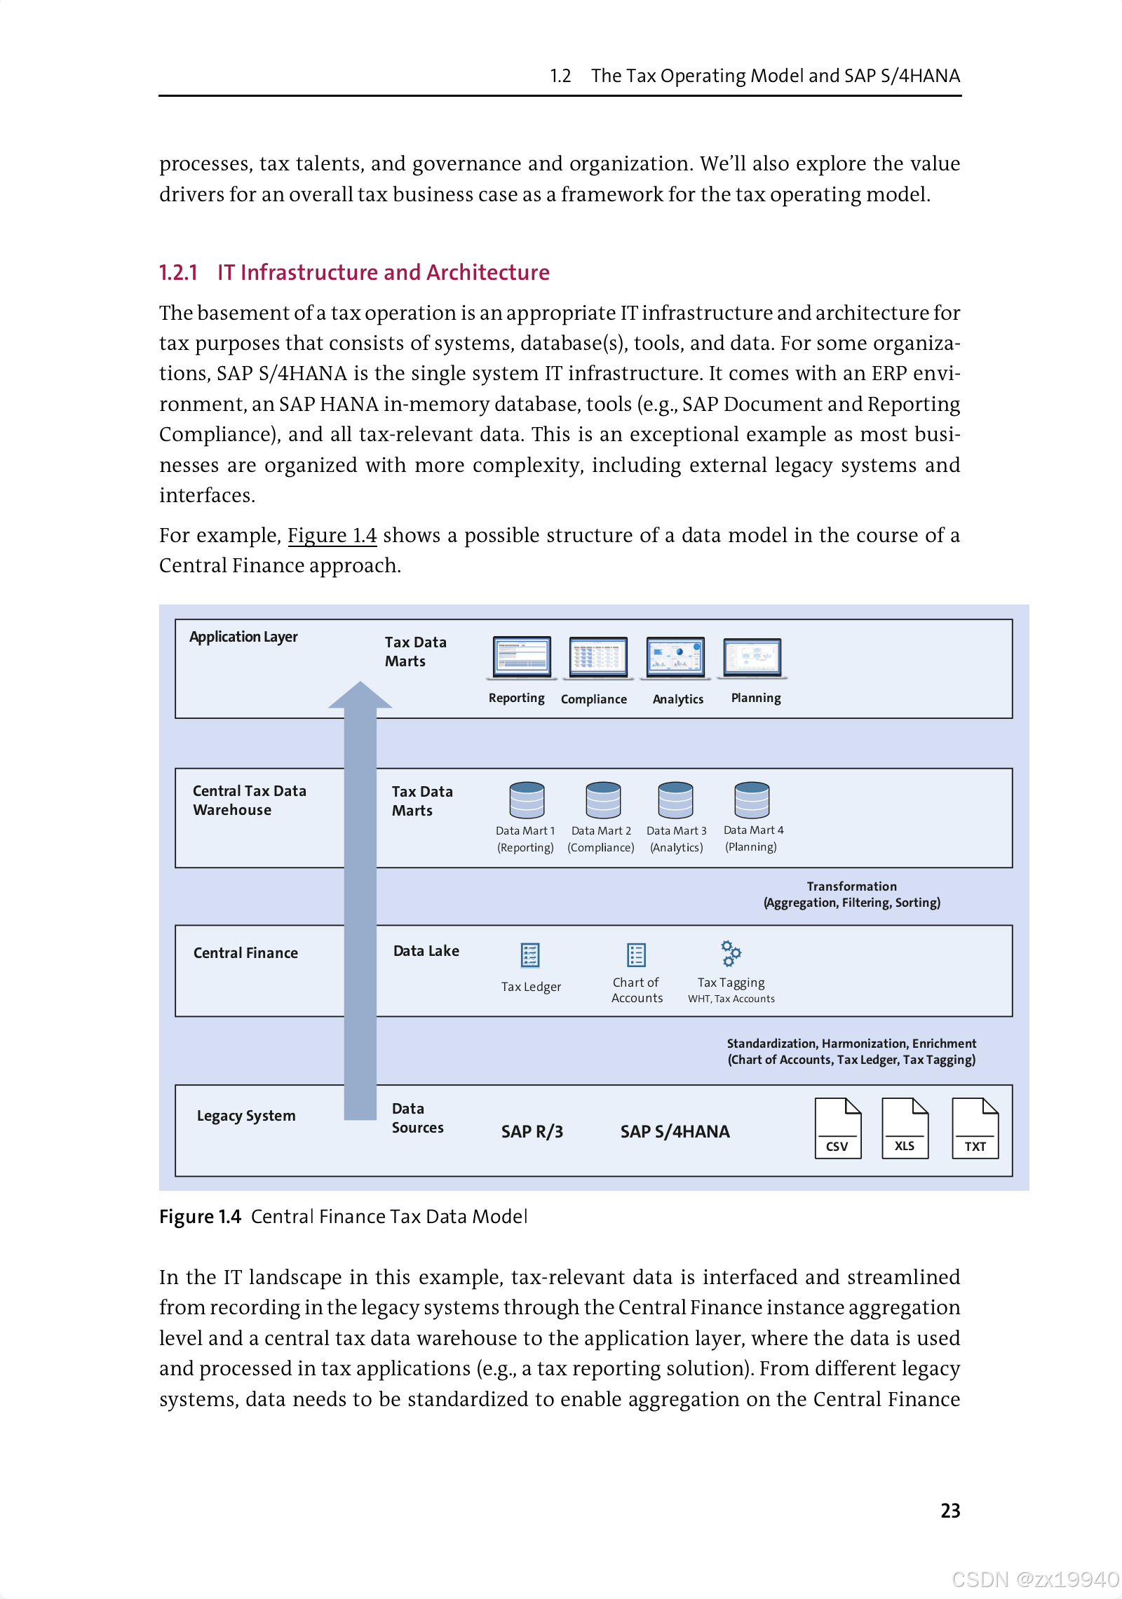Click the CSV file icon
[837, 1128]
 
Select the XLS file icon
[905, 1128]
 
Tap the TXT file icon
[975, 1128]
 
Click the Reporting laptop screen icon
[522, 657]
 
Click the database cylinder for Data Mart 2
[603, 800]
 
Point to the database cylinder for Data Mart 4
[752, 800]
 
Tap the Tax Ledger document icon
[530, 955]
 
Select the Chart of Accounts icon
[636, 955]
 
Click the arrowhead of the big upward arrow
[360, 695]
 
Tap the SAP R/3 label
[532, 1131]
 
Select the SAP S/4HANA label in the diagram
[675, 1131]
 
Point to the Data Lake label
[426, 951]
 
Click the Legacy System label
[246, 1116]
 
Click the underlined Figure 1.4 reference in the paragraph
[332, 535]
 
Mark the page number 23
[950, 1511]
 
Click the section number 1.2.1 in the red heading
[178, 272]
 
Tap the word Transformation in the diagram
[851, 886]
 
